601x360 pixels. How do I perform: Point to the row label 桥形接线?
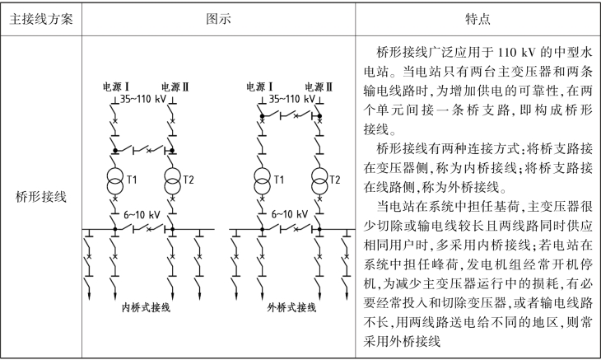click(40, 198)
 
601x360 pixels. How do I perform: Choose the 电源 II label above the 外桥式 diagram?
click(319, 86)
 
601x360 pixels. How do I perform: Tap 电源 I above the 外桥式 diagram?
click(260, 86)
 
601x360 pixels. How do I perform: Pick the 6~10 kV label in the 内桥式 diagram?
click(142, 213)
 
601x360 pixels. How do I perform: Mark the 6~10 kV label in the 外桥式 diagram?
click(290, 213)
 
